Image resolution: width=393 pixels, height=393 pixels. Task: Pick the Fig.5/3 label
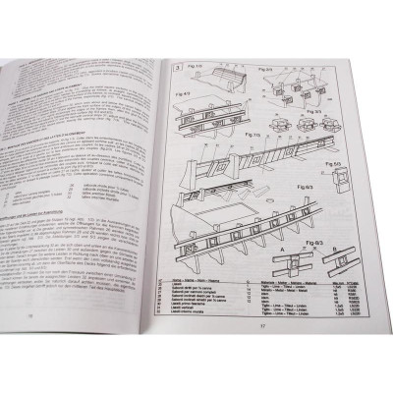point(336,162)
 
